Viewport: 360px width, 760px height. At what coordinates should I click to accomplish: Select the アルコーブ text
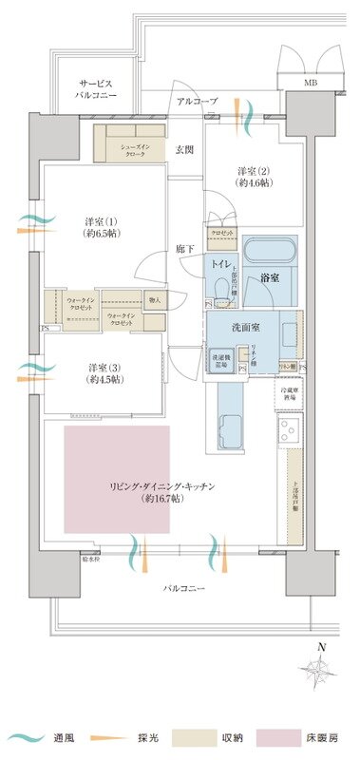(197, 101)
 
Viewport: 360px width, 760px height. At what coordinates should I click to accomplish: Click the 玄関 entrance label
(184, 149)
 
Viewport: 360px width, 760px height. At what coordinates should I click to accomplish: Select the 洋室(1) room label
(102, 228)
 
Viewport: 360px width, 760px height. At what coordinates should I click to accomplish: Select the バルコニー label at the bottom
(180, 589)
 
